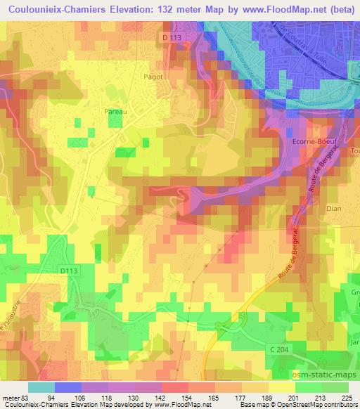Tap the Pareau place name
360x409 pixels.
[x=115, y=110]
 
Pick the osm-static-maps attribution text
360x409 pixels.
[x=322, y=372]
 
